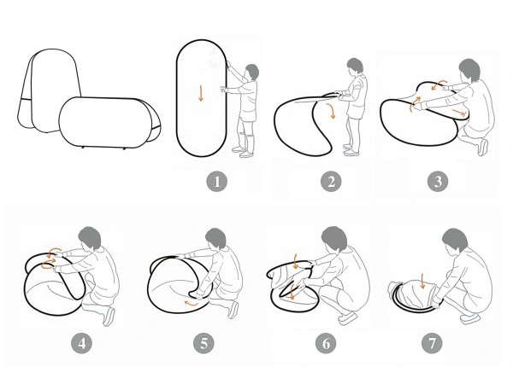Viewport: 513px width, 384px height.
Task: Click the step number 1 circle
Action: [216, 181]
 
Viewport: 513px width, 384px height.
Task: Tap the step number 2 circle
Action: [331, 181]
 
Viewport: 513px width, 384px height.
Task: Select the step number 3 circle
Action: [438, 181]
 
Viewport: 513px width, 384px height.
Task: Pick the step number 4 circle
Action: [82, 343]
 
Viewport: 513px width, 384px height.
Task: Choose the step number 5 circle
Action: [203, 343]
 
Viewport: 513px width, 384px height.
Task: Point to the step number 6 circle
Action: [326, 343]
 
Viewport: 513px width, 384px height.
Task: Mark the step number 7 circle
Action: [432, 343]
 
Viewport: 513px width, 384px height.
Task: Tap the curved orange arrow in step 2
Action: [331, 111]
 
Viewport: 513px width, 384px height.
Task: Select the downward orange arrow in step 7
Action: [422, 281]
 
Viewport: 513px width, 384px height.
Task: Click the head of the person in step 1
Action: [251, 73]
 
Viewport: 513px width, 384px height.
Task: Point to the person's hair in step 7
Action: [455, 239]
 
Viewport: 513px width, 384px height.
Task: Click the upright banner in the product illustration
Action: [49, 90]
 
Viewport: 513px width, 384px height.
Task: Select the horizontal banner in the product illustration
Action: [109, 122]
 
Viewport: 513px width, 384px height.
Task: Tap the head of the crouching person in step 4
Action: [90, 238]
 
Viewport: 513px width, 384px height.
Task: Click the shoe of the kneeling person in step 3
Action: [482, 148]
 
